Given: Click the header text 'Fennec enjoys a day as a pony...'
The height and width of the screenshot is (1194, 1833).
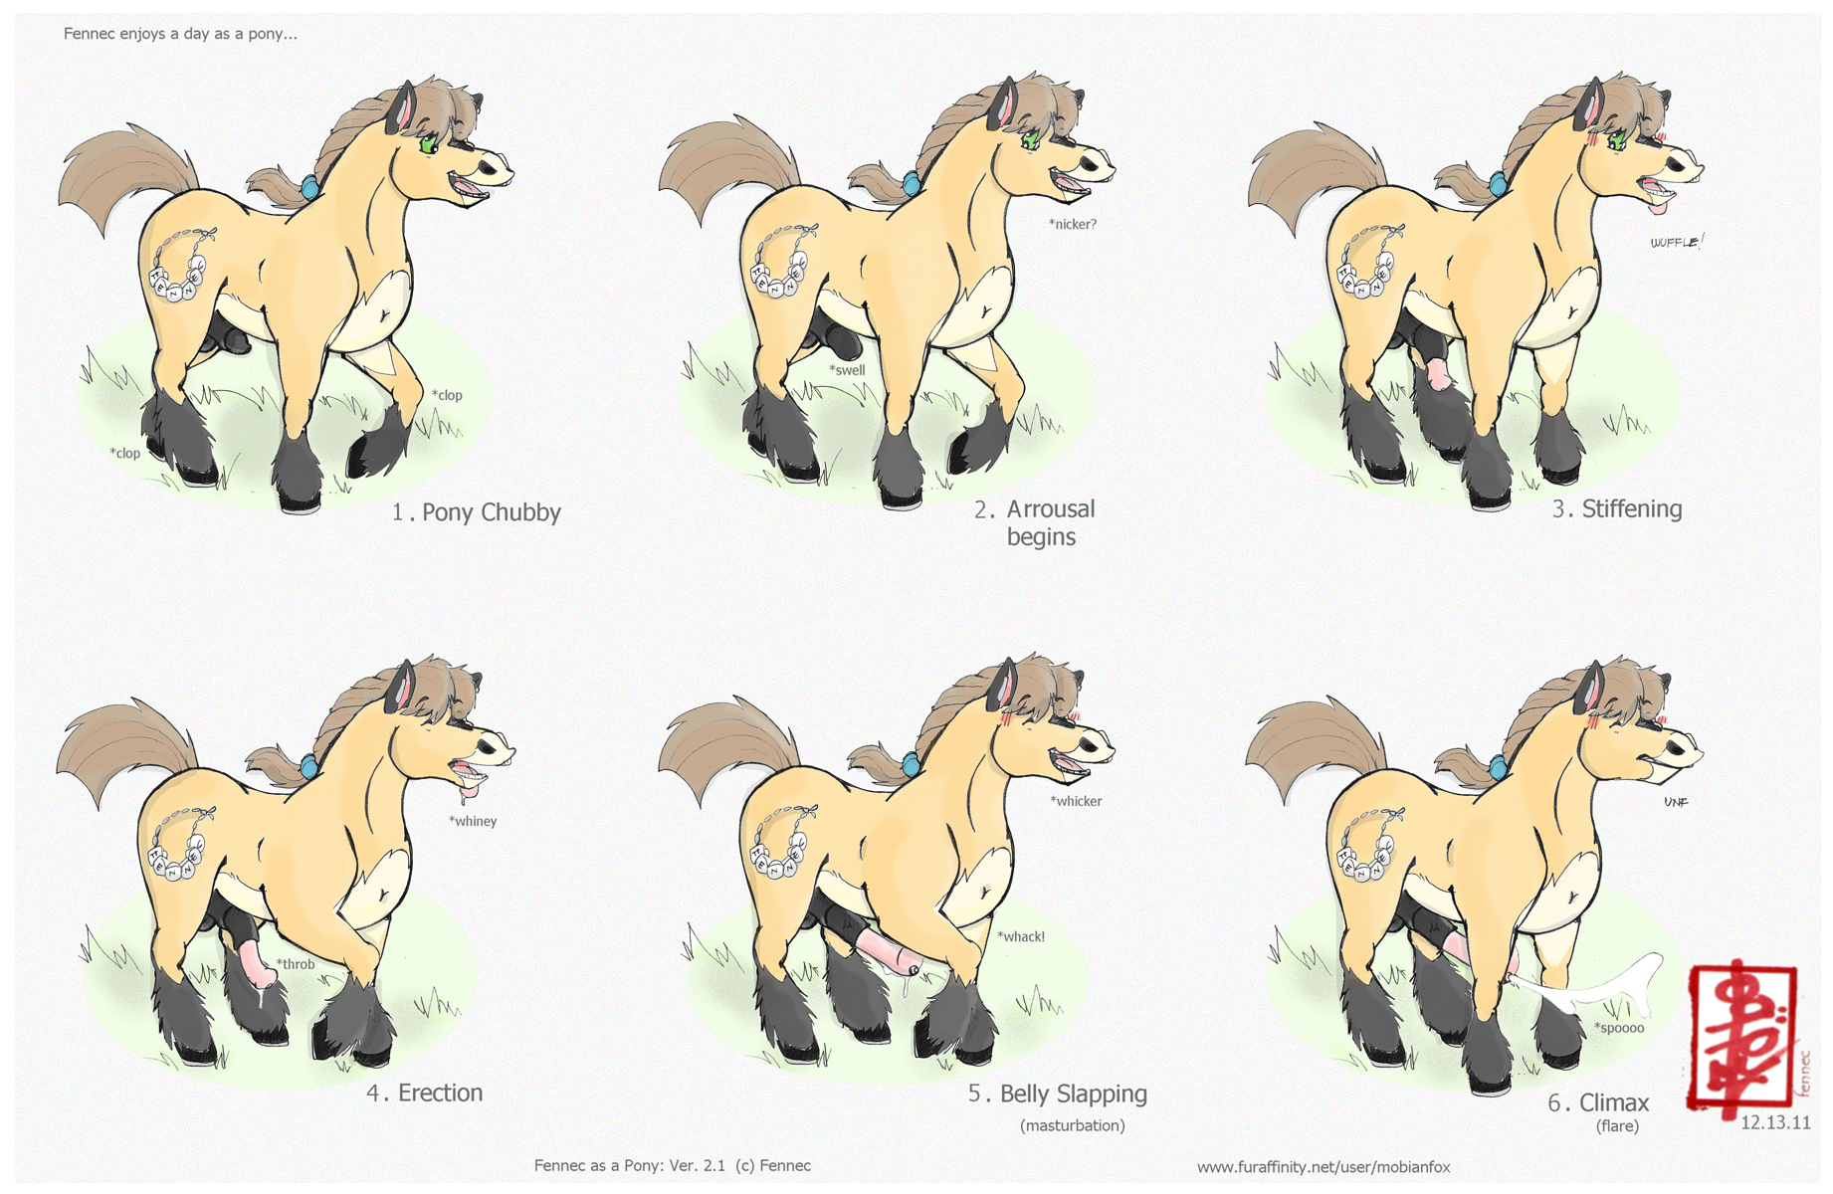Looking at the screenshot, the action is point(180,34).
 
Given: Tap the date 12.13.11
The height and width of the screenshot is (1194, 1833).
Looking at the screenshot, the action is point(1775,1123).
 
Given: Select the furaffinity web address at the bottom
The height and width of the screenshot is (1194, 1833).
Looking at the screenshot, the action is point(1324,1166).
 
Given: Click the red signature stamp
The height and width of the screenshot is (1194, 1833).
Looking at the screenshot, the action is point(1741,1037).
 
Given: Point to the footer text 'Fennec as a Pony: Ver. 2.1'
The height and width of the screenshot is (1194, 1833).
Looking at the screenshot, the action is point(629,1165).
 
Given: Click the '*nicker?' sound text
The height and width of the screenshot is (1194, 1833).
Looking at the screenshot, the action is point(1072,224).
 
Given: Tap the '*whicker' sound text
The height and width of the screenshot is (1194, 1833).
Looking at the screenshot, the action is point(1076,801).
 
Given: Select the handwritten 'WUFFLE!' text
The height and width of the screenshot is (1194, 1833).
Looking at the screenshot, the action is point(1677,242).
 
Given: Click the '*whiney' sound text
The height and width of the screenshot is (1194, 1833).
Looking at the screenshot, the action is point(472,821).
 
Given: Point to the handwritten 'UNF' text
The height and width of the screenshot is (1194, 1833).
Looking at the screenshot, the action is point(1676,802).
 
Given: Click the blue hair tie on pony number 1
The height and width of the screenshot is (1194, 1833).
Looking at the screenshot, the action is point(310,186).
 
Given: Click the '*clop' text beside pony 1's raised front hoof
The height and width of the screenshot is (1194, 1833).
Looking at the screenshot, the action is point(447,395).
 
